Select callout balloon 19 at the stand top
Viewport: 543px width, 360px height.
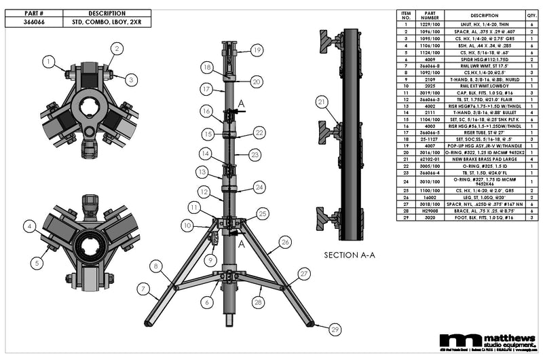pyautogui.click(x=256, y=50)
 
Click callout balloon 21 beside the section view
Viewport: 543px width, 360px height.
pyautogui.click(x=321, y=102)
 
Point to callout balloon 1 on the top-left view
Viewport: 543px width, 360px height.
pyautogui.click(x=49, y=61)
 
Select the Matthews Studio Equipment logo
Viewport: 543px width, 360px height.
pyautogui.click(x=485, y=341)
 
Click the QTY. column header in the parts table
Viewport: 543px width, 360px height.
pyautogui.click(x=531, y=15)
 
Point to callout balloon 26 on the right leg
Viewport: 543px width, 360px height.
pyautogui.click(x=285, y=240)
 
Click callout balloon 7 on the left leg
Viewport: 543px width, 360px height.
pyautogui.click(x=145, y=289)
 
